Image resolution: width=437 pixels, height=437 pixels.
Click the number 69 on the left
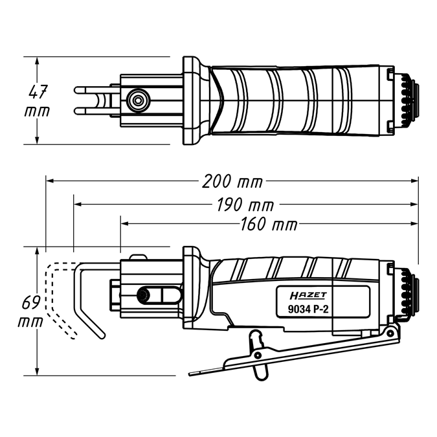[x=29, y=303]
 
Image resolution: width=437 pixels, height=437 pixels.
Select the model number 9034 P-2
[x=308, y=309]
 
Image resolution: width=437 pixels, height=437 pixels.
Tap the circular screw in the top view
[x=137, y=99]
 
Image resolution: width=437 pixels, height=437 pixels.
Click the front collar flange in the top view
[x=192, y=100]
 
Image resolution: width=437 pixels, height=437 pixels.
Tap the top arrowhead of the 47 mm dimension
[x=38, y=60]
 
